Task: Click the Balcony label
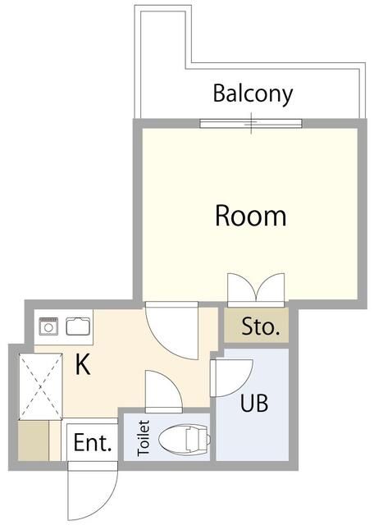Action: pos(253,95)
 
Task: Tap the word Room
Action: pos(250,216)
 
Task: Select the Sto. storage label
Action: pos(261,326)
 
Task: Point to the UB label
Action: pos(254,403)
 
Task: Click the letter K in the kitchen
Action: pos(82,364)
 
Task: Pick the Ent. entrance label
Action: pos(92,443)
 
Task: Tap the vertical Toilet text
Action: pos(144,438)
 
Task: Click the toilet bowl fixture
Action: pos(184,439)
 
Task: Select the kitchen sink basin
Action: pos(78,326)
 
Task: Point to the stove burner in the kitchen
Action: pos(48,326)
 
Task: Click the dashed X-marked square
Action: pos(41,386)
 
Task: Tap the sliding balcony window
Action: pos(251,124)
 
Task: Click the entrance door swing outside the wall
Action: pos(93,491)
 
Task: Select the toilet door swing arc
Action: pos(164,391)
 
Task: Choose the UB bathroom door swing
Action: pos(231,378)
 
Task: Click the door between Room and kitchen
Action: pos(171,331)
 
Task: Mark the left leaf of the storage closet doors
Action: pos(242,288)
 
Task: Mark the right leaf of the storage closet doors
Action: pos(271,288)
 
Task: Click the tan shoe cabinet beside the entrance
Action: pos(34,441)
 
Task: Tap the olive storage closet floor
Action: pos(256,325)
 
